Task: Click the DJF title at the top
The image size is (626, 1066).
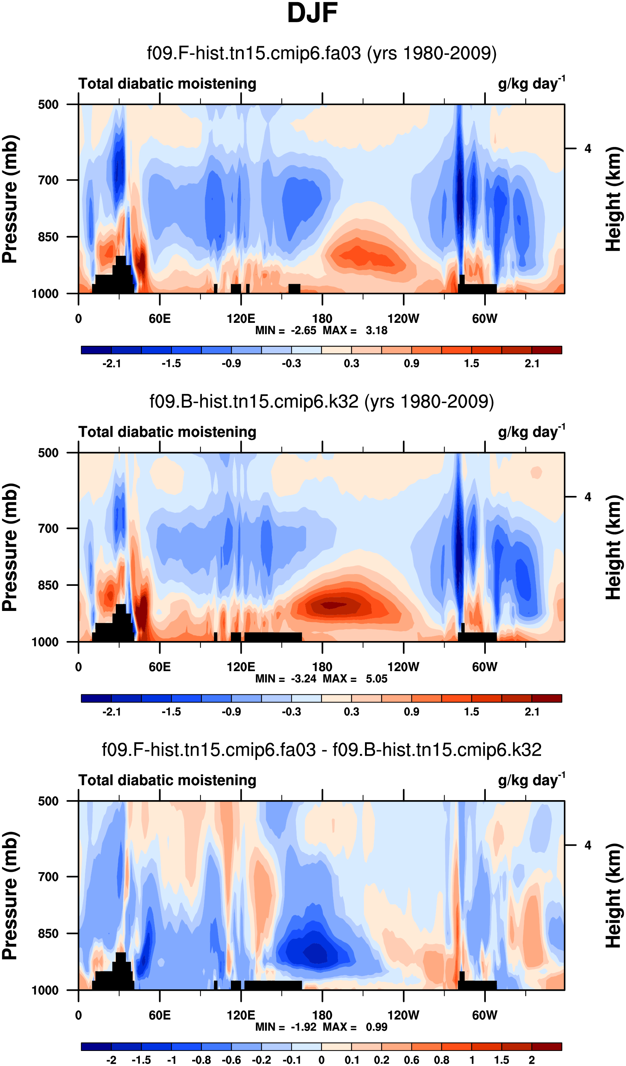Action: click(x=312, y=14)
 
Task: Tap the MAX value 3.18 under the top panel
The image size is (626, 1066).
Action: click(x=376, y=331)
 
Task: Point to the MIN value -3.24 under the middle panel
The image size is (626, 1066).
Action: click(x=303, y=679)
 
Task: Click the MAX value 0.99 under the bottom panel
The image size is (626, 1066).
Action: click(x=376, y=1027)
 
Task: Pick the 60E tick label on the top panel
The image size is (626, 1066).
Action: click(x=160, y=319)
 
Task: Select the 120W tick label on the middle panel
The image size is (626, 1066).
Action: click(x=403, y=667)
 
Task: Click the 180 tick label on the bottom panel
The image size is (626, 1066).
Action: click(x=322, y=1015)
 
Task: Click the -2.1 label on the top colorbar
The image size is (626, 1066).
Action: click(x=111, y=364)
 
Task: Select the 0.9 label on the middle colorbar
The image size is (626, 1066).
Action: click(x=411, y=712)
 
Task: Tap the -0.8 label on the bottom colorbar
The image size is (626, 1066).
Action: click(x=201, y=1060)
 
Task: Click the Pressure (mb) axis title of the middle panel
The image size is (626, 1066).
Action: click(x=10, y=548)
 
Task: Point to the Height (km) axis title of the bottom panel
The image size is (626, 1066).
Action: click(x=614, y=895)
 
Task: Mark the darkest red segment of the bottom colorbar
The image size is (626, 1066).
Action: click(x=546, y=1047)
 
